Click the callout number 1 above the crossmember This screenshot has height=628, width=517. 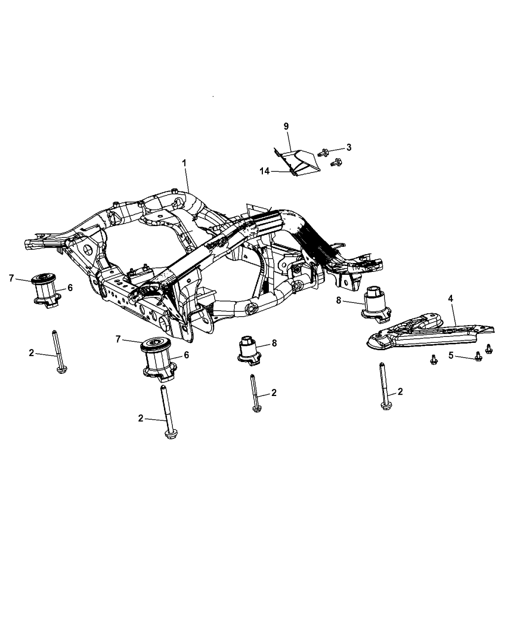185,163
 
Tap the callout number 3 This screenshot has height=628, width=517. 349,147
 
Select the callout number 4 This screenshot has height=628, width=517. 450,298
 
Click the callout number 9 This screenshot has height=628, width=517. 286,126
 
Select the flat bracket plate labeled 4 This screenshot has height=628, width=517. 428,335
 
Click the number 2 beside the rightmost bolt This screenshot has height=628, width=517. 400,392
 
